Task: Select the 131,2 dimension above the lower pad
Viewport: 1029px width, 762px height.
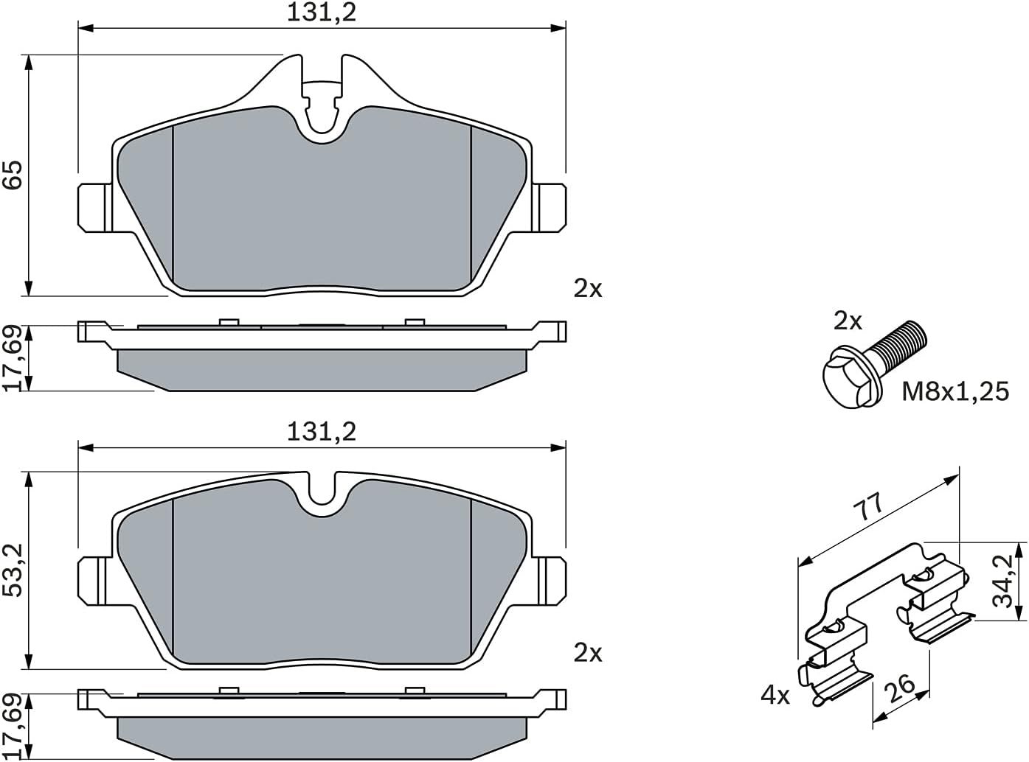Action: click(322, 431)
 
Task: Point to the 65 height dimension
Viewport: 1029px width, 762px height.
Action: click(14, 175)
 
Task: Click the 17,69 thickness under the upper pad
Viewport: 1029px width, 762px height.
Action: click(14, 358)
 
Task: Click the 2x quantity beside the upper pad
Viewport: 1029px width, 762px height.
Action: click(588, 289)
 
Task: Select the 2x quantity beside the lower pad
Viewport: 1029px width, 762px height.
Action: click(588, 653)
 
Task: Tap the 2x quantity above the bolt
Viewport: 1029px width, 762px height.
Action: click(848, 321)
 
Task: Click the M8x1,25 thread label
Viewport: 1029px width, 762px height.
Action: click(955, 391)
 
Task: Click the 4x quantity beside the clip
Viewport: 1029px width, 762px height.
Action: click(775, 695)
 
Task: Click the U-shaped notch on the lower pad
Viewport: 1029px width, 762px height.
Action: click(322, 492)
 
